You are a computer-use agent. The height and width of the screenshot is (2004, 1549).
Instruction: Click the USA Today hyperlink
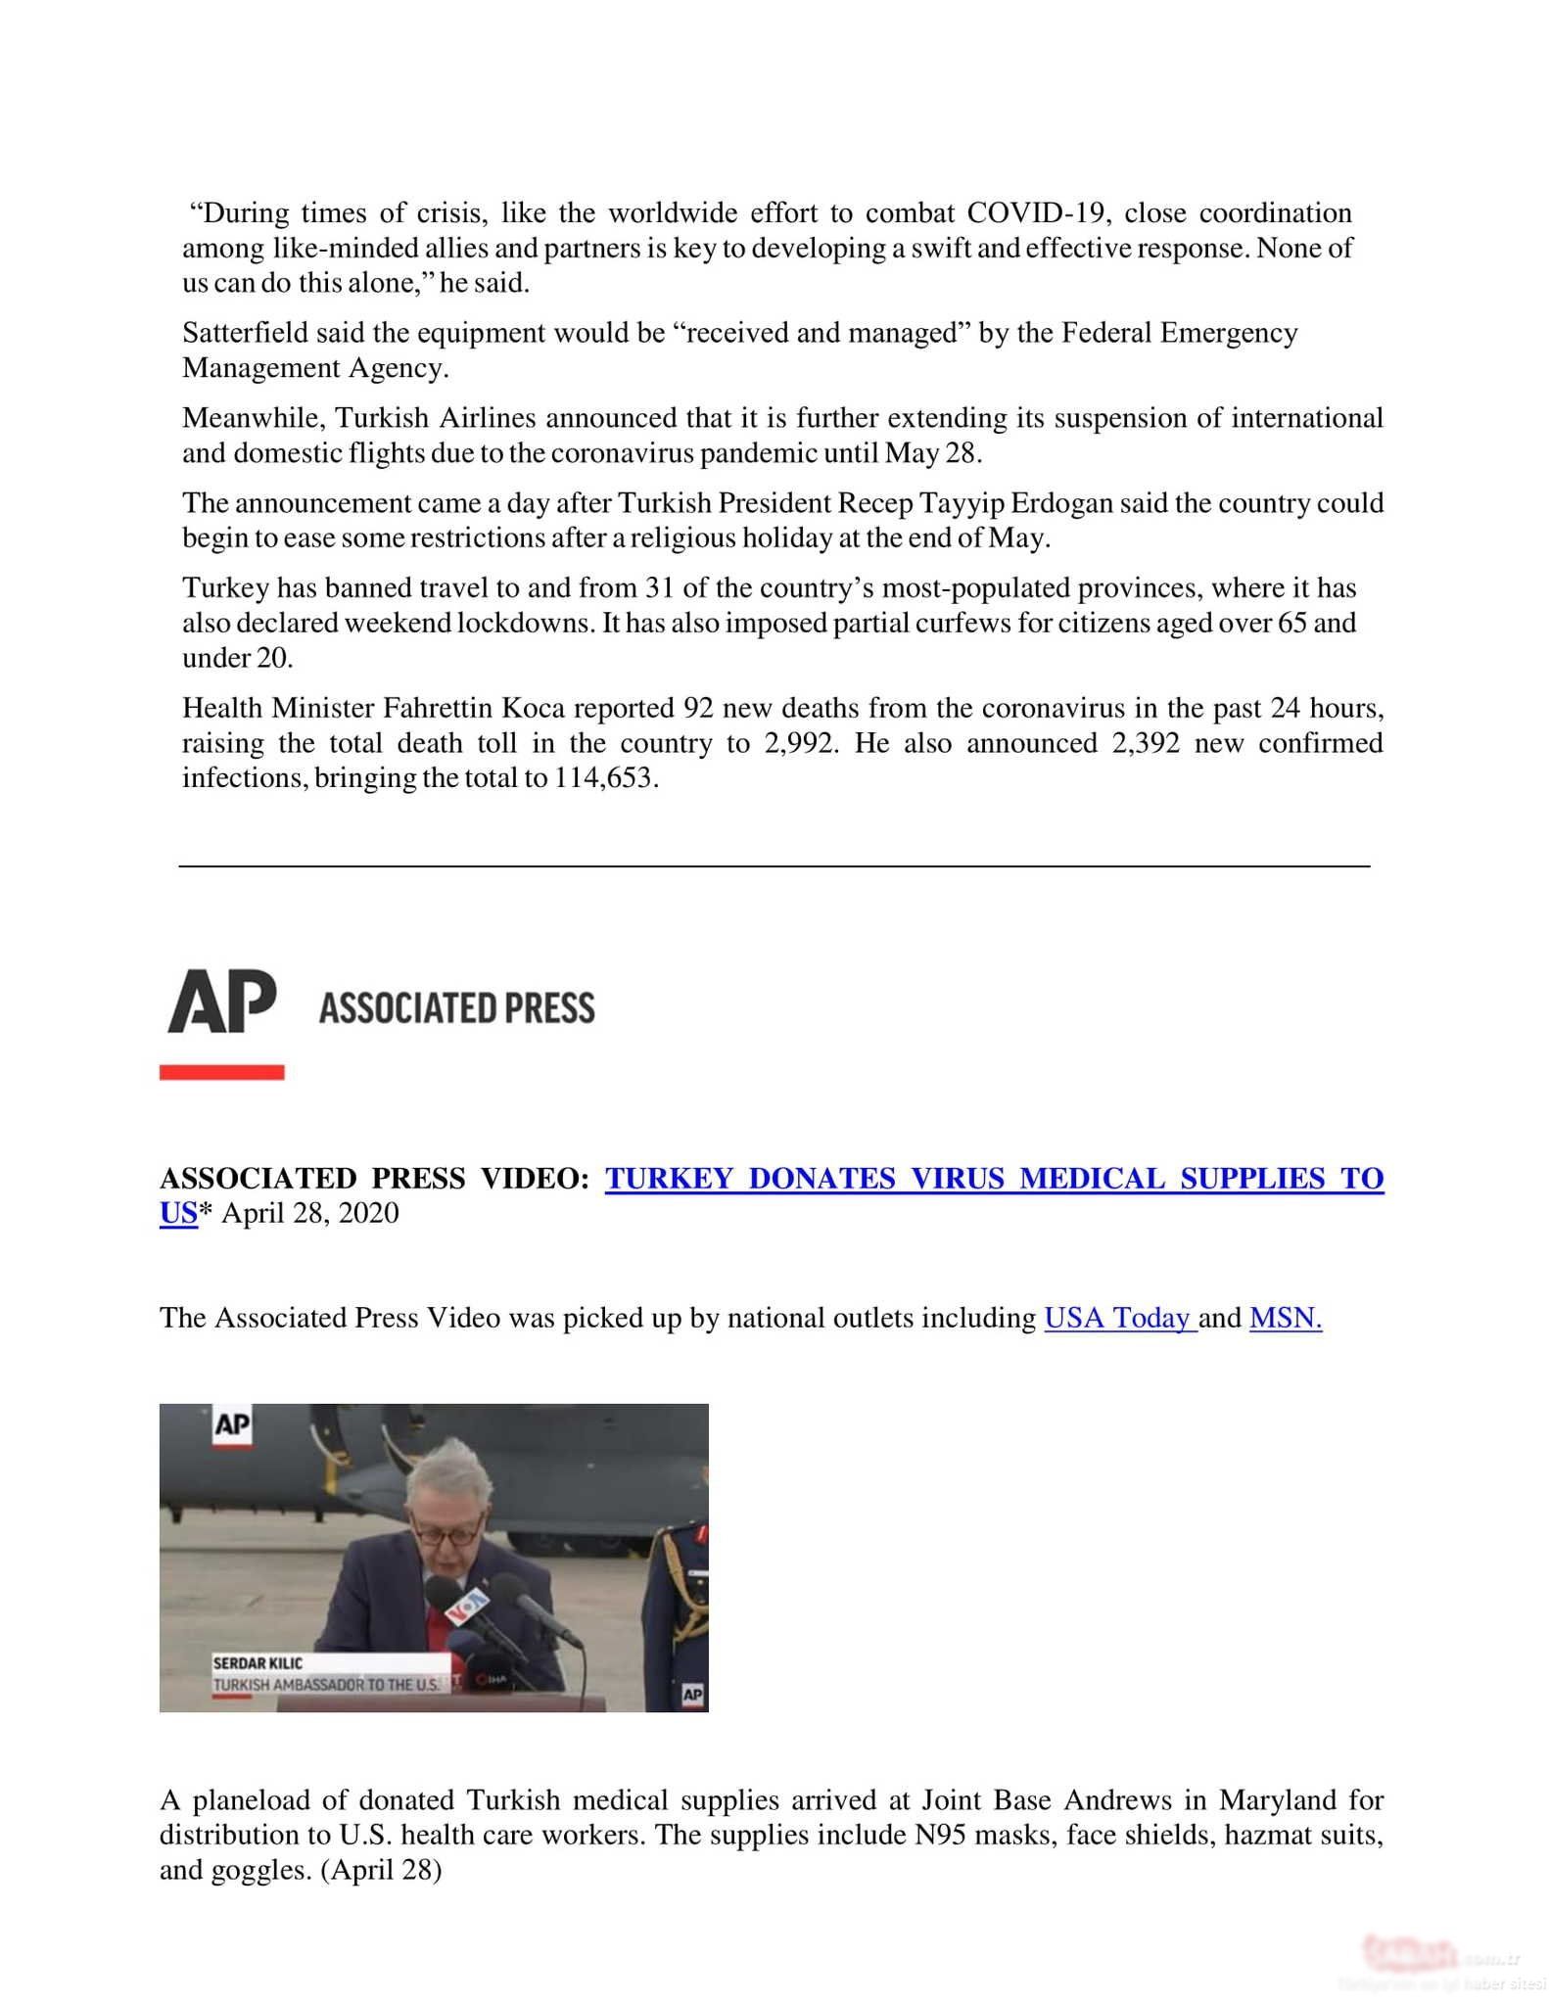point(1119,1318)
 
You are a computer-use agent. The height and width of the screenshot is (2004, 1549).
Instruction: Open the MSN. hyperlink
point(1285,1318)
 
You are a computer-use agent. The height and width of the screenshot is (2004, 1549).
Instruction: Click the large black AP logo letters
point(222,1002)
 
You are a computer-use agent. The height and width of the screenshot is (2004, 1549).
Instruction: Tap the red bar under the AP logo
point(221,1072)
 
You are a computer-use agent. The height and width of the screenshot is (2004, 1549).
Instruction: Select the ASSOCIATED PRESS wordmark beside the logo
point(456,1008)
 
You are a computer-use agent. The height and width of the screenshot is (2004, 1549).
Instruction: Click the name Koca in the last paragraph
point(533,708)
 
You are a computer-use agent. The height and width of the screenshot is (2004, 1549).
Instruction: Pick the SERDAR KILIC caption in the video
point(258,1663)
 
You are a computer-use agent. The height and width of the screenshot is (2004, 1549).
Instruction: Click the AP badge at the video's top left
point(232,1424)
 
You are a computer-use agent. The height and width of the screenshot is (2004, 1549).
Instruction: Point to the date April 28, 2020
point(310,1213)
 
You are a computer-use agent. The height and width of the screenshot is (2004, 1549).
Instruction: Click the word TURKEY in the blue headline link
point(669,1178)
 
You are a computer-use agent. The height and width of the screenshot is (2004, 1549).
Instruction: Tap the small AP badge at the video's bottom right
point(692,1695)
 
